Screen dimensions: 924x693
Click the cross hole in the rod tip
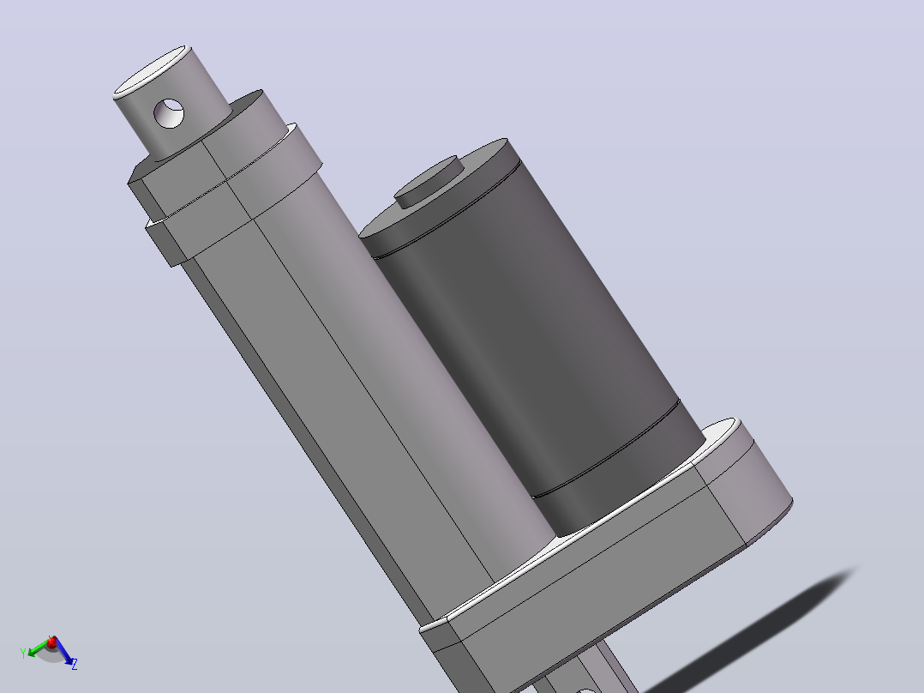169,113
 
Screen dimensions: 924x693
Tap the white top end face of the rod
151,71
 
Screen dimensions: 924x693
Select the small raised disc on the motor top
429,182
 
